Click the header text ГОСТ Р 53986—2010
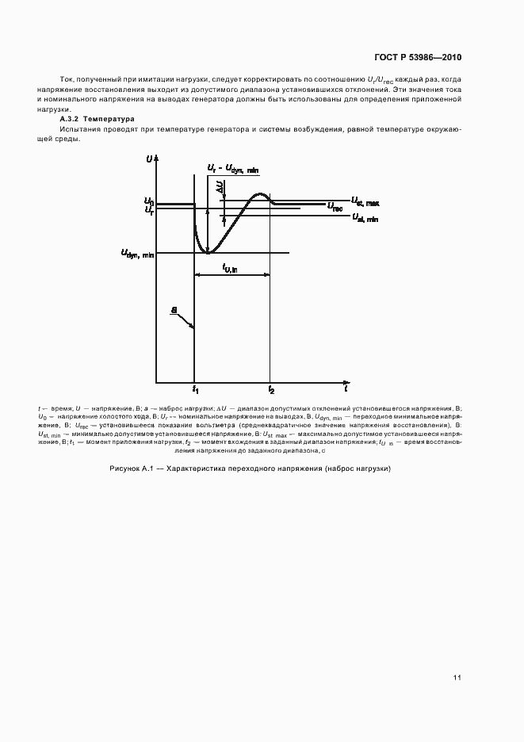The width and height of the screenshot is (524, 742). click(418, 57)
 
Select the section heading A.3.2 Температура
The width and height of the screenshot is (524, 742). click(98, 119)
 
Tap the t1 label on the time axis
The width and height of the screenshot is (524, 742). click(195, 390)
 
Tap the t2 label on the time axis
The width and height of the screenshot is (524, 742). click(271, 390)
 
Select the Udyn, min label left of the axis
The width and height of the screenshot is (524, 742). click(137, 254)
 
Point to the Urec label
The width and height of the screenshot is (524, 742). click(335, 207)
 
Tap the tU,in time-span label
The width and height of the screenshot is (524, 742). click(231, 268)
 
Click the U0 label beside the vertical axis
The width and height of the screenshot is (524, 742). click(148, 202)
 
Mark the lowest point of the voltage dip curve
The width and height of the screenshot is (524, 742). click(208, 252)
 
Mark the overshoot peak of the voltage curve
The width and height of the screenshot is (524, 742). click(259, 194)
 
